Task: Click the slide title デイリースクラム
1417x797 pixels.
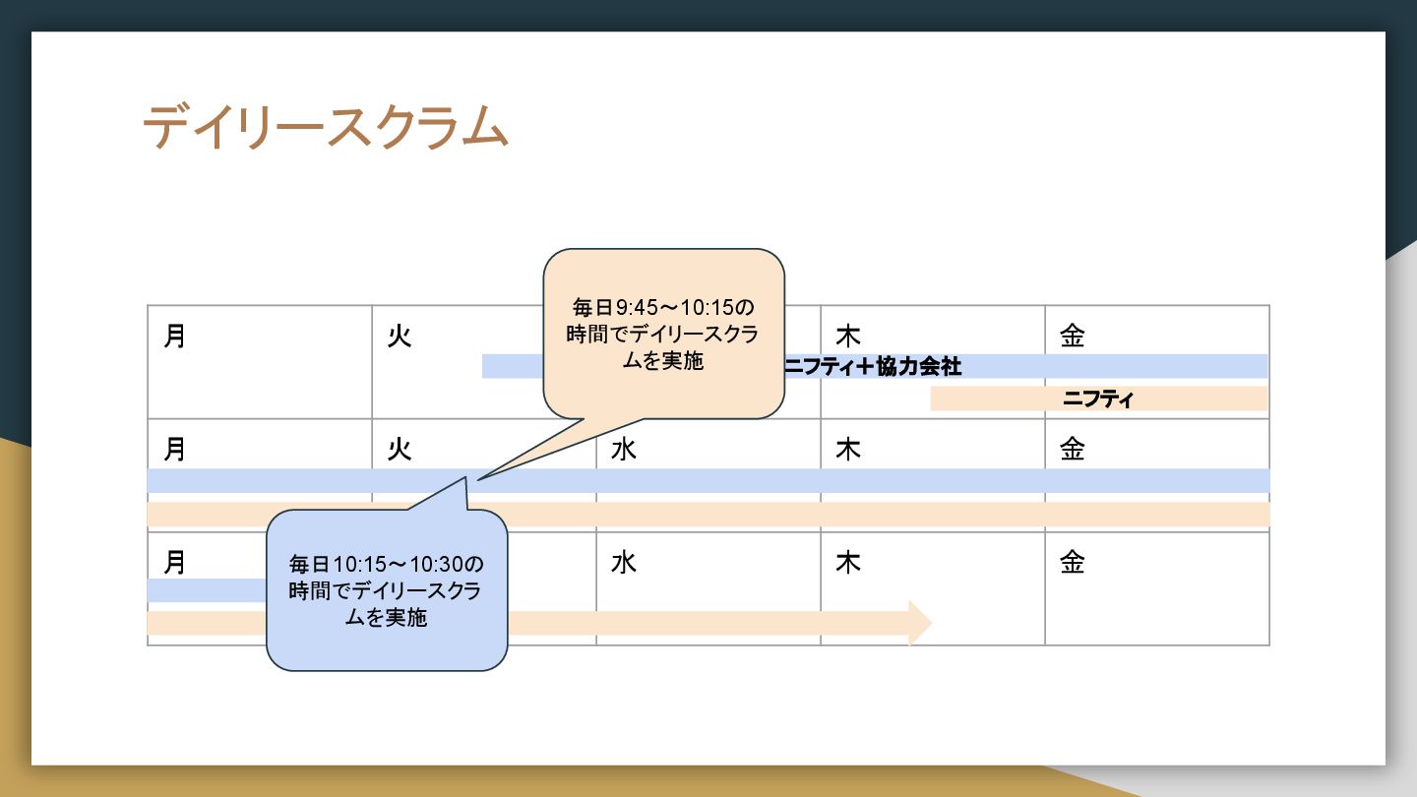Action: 325,128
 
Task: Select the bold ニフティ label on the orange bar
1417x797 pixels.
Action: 1098,399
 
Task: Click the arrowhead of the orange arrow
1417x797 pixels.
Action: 921,622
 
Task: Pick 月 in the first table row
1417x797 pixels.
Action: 175,337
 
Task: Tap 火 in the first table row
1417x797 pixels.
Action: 399,337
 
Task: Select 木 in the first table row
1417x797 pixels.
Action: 847,337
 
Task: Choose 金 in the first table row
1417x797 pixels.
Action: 1072,337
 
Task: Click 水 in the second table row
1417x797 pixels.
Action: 623,450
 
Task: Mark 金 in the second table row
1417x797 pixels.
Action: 1072,450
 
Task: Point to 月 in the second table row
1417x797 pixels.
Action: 175,450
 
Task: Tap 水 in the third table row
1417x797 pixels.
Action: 623,563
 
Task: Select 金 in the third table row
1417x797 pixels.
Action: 1072,563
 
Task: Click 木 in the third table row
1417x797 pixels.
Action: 847,563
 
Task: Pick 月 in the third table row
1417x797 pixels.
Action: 175,563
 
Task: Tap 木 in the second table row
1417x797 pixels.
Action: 847,450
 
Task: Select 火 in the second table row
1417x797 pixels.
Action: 399,450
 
